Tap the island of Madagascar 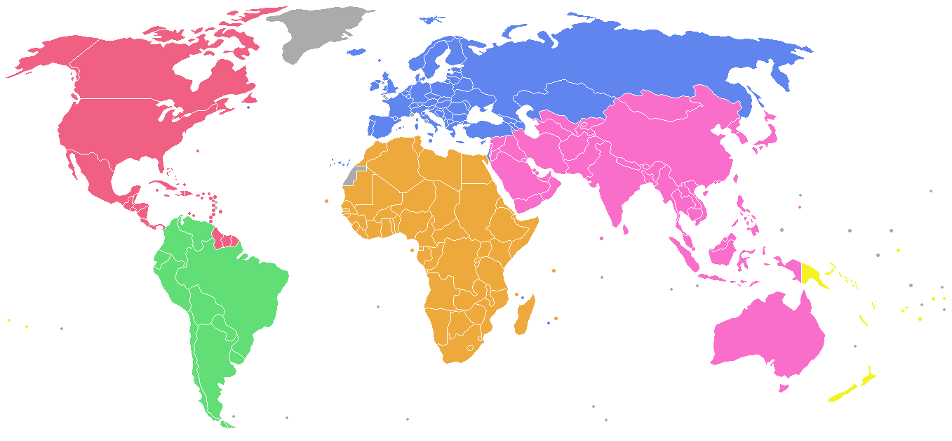(524, 316)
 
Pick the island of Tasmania (784, 387)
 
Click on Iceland (358, 51)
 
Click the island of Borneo (726, 249)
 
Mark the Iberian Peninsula (382, 126)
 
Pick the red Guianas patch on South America (227, 239)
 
